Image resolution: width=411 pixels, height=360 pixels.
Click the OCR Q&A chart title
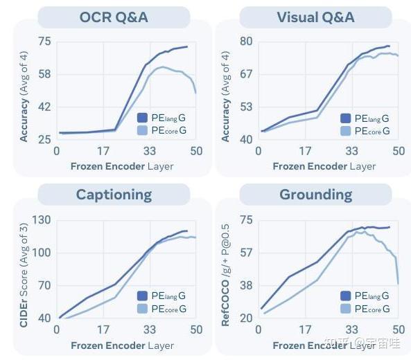point(114,17)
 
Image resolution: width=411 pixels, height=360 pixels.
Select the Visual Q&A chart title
point(315,17)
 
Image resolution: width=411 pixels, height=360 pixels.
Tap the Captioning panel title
point(114,194)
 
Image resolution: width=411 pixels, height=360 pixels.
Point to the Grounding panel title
point(315,195)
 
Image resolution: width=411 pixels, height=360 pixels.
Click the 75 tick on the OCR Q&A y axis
point(44,42)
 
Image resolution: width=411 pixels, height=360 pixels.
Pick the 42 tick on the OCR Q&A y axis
point(44,107)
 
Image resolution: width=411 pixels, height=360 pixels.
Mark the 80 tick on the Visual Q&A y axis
point(246,42)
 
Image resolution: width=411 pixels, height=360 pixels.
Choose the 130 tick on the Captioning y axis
point(42,220)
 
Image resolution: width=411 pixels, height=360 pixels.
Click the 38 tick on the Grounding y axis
point(246,285)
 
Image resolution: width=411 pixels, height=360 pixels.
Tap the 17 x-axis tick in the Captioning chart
point(103,330)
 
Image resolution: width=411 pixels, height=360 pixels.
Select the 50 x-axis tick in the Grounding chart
point(398,330)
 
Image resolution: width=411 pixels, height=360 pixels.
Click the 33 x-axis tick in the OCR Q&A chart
point(149,152)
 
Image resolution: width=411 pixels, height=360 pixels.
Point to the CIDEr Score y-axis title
point(24,270)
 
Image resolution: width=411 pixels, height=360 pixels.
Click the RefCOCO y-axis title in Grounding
point(226,270)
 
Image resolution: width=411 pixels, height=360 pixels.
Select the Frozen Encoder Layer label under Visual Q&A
point(324,166)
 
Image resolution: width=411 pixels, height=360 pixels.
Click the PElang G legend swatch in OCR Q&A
point(142,118)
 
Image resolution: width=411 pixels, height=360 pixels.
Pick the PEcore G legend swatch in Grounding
point(345,309)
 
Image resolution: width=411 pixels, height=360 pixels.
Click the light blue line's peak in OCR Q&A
point(162,67)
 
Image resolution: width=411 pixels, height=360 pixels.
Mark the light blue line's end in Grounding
point(399,283)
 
